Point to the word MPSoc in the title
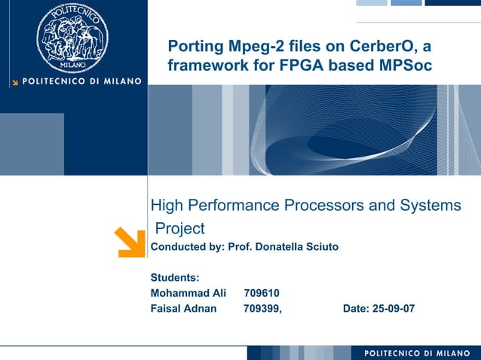click(x=405, y=66)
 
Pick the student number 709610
click(x=262, y=292)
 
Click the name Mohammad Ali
click(x=188, y=292)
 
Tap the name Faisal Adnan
click(x=183, y=308)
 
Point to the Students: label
click(x=175, y=277)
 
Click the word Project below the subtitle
click(x=179, y=227)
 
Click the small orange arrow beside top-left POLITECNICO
click(x=14, y=81)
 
